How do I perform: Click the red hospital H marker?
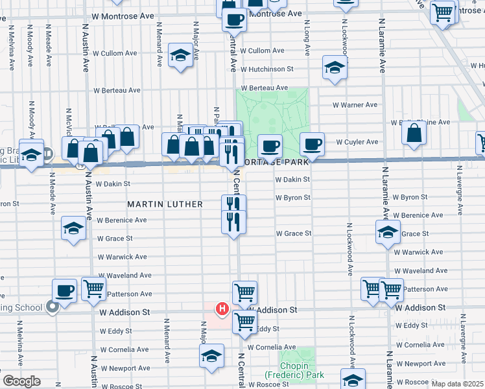(222, 309)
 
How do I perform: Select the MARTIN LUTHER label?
(165, 204)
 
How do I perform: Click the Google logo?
(21, 381)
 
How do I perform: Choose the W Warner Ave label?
(355, 104)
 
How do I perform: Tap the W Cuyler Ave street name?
(357, 142)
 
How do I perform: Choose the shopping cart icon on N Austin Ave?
(94, 289)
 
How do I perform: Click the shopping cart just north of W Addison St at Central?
(244, 292)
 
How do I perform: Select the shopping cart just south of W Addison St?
(244, 321)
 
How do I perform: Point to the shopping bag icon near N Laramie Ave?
(414, 133)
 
